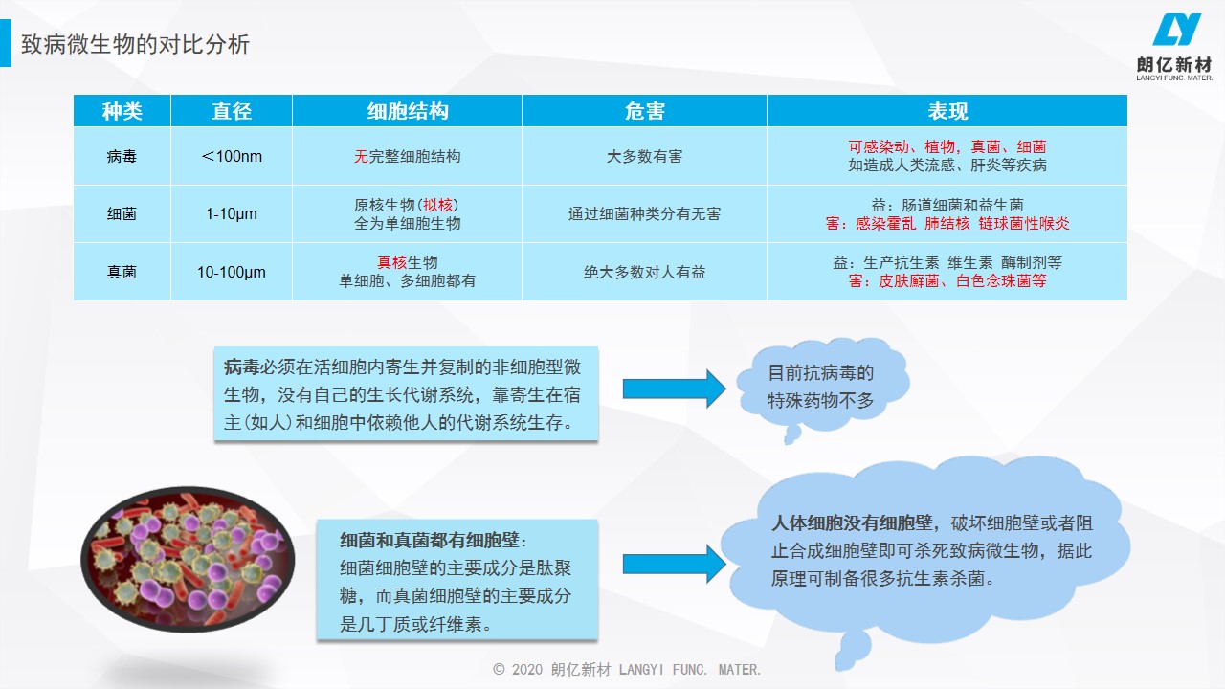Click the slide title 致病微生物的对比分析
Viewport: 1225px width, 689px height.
pyautogui.click(x=135, y=44)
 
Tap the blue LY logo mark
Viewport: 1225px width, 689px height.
pyautogui.click(x=1176, y=30)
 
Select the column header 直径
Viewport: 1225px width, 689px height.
pyautogui.click(x=232, y=111)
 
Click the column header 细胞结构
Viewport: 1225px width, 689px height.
pyautogui.click(x=408, y=111)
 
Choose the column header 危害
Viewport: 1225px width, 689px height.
pyautogui.click(x=644, y=111)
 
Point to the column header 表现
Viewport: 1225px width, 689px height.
pyautogui.click(x=947, y=111)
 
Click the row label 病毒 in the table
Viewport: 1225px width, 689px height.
pyautogui.click(x=122, y=156)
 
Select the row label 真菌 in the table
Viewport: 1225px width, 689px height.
pyautogui.click(x=122, y=272)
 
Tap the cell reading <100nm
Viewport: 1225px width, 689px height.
pyautogui.click(x=232, y=156)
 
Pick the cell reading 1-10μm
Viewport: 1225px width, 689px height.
pyautogui.click(x=232, y=213)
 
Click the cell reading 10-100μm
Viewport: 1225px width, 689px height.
pyautogui.click(x=232, y=272)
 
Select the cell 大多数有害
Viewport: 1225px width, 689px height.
pyautogui.click(x=644, y=156)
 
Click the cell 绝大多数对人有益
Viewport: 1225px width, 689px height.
pyautogui.click(x=644, y=272)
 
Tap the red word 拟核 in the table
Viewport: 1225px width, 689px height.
pyautogui.click(x=438, y=205)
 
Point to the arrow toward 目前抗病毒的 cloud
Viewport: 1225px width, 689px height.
pyautogui.click(x=675, y=389)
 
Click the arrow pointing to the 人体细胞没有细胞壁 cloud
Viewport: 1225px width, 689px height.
pyautogui.click(x=675, y=564)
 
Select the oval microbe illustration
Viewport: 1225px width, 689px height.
pyautogui.click(x=188, y=560)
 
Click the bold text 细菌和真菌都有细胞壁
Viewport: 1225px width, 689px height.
pyautogui.click(x=430, y=540)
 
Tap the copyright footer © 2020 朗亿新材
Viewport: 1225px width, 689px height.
pyautogui.click(x=552, y=669)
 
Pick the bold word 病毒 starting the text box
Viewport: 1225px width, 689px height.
pyautogui.click(x=241, y=367)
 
